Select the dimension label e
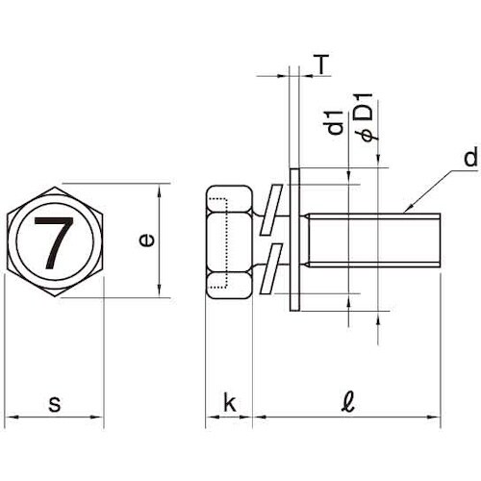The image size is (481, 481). [146, 240]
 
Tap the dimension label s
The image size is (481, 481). [55, 404]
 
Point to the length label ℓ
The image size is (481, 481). [348, 402]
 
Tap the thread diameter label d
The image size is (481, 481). [470, 158]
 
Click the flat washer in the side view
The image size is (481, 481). [294, 240]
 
